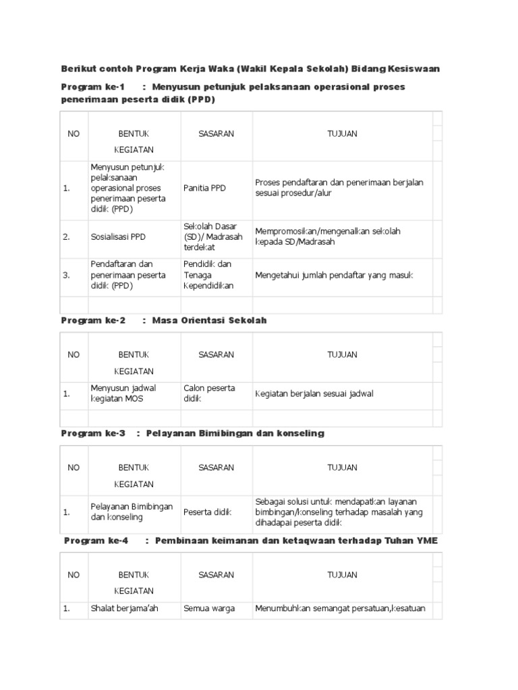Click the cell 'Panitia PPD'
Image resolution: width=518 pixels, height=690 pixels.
coord(205,188)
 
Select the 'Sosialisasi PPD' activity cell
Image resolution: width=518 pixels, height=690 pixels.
coord(118,237)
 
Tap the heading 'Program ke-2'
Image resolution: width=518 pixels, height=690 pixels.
coord(93,320)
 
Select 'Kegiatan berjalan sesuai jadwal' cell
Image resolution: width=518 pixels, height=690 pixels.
coord(314,394)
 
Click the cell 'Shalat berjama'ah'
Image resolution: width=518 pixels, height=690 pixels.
coord(124,608)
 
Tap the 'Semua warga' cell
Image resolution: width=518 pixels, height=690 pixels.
coord(209,608)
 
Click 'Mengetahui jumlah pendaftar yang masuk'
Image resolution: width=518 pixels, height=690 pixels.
coord(334,275)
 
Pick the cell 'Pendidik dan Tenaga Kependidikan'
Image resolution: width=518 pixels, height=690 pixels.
coord(208,275)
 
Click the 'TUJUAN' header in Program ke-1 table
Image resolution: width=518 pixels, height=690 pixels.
coord(342,133)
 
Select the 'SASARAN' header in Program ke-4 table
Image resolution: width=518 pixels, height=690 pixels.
coord(216,575)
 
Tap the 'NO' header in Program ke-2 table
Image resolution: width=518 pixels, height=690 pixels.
coord(74,354)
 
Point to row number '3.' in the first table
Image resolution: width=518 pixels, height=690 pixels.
coord(67,275)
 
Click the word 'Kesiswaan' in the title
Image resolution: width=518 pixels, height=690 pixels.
coord(416,69)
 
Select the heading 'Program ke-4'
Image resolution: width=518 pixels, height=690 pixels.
coord(96,541)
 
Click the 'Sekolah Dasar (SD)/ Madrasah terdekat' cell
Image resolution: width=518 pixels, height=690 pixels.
coord(210,237)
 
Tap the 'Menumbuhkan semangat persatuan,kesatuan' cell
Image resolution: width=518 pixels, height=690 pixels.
coord(339,608)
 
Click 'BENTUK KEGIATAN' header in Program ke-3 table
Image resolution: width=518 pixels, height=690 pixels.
coord(134,475)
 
